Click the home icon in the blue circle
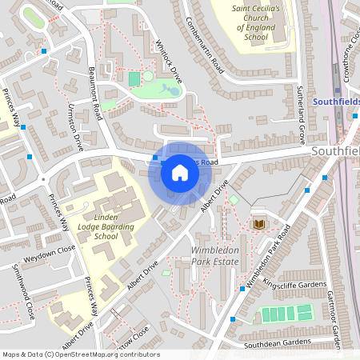click(x=180, y=172)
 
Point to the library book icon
click(x=258, y=224)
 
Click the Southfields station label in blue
click(x=336, y=102)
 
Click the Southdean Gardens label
click(x=277, y=342)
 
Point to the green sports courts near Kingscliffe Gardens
click(x=286, y=313)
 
